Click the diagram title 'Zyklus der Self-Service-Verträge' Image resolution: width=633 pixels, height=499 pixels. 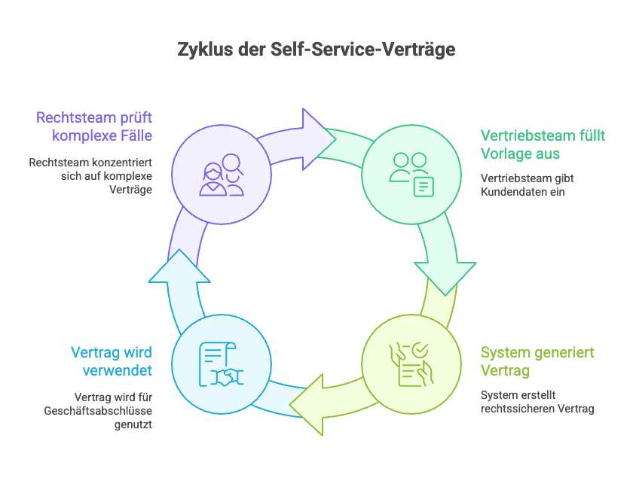tap(316, 50)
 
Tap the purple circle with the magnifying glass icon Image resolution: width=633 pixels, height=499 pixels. tap(221, 174)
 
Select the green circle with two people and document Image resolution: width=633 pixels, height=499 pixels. tap(411, 174)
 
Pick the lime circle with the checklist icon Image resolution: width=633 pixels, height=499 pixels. tap(411, 364)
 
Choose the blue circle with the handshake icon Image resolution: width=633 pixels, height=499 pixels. tap(221, 364)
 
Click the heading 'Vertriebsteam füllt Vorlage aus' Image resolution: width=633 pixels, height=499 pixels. tap(543, 144)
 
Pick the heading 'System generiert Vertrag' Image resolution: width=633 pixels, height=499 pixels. tap(537, 361)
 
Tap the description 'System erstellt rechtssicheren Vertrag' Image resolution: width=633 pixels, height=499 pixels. tap(537, 401)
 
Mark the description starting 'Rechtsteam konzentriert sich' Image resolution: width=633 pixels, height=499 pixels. tap(91, 175)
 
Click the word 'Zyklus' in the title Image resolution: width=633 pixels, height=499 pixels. tap(202, 50)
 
